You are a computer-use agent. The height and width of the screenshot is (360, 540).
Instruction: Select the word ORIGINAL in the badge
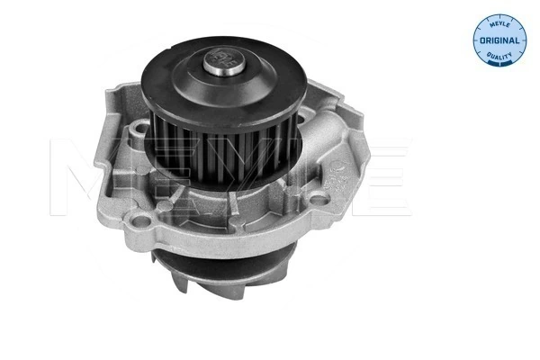coord(500,40)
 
